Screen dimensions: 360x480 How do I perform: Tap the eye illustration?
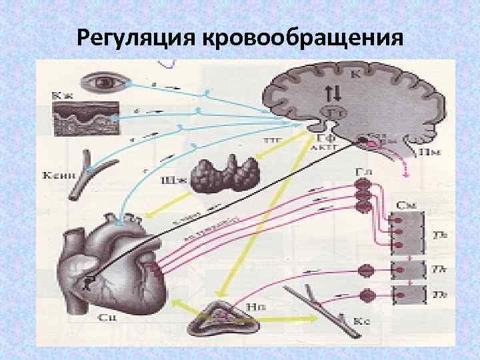[x=104, y=83]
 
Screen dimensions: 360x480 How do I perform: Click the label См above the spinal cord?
[x=404, y=201]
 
